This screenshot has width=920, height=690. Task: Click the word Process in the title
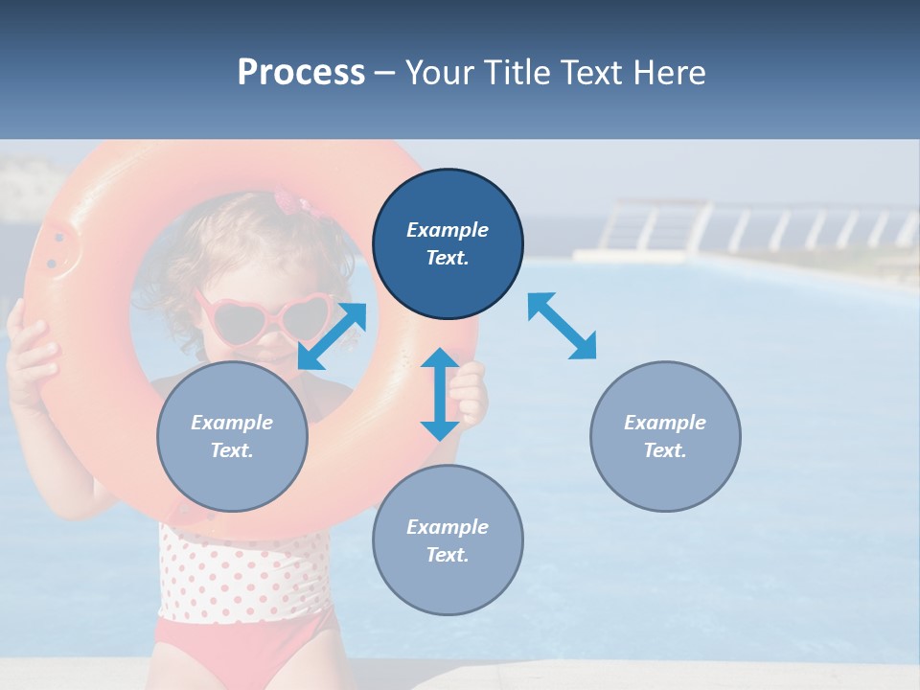coord(301,73)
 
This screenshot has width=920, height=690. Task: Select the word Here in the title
coord(668,73)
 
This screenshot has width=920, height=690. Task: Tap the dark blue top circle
coord(448,244)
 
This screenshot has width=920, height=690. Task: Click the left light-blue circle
coord(232,436)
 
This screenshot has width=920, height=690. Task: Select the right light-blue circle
coord(665,436)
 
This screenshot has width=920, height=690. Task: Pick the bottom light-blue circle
coord(448,540)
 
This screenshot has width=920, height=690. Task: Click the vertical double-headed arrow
coord(440,394)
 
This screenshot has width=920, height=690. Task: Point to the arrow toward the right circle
coord(562,326)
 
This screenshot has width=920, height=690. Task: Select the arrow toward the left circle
coord(332,336)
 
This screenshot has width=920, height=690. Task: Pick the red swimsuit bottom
coord(244,652)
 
